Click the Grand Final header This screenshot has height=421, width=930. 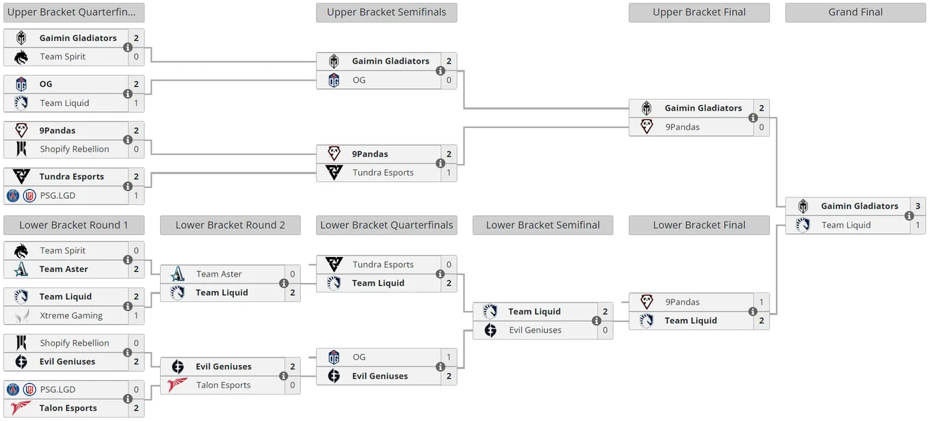pyautogui.click(x=855, y=12)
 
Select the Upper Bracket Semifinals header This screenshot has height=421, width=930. pyautogui.click(x=386, y=12)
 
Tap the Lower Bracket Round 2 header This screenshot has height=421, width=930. pyautogui.click(x=230, y=226)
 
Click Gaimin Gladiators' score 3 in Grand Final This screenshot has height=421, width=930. pyautogui.click(x=918, y=206)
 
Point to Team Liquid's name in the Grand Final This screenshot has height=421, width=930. pyautogui.click(x=846, y=226)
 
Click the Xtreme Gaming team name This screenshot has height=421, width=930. pyautogui.click(x=71, y=316)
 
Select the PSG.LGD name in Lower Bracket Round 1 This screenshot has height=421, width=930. pyautogui.click(x=57, y=390)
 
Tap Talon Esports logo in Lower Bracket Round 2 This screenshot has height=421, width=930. pyautogui.click(x=177, y=385)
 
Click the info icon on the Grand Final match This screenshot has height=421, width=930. pyautogui.click(x=909, y=216)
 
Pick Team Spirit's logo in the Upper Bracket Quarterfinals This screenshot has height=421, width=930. pyautogui.click(x=21, y=57)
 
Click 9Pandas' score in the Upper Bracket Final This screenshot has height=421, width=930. pyautogui.click(x=761, y=127)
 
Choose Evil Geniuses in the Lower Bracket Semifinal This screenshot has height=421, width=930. pyautogui.click(x=535, y=330)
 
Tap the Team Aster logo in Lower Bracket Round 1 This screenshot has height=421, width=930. pyautogui.click(x=21, y=269)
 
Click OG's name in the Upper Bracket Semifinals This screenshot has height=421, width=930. pyautogui.click(x=359, y=80)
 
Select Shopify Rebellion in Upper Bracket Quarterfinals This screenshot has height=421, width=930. pyautogui.click(x=75, y=149)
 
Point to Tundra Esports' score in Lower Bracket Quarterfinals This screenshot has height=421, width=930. pyautogui.click(x=449, y=264)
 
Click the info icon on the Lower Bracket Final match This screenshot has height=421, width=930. pyautogui.click(x=752, y=311)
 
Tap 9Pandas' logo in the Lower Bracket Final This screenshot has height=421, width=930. pyautogui.click(x=646, y=302)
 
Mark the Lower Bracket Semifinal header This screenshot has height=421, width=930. pyautogui.click(x=543, y=226)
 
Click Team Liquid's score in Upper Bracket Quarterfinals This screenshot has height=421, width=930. pyautogui.click(x=136, y=103)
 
